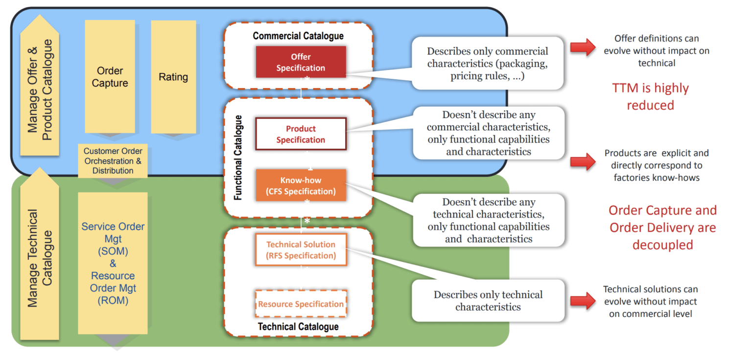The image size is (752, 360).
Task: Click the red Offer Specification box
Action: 301,62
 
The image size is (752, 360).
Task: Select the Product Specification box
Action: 301,134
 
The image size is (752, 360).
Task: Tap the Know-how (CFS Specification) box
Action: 301,186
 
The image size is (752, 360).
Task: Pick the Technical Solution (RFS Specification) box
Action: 301,250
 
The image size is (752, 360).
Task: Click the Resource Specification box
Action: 301,304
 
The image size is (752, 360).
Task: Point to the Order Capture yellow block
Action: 110,77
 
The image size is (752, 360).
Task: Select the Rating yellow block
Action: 173,77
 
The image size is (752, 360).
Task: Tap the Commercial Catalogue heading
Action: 298,36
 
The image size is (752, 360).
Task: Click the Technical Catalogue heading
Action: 298,327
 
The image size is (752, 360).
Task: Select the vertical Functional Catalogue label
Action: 238,157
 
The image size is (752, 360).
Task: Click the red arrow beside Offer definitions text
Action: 583,48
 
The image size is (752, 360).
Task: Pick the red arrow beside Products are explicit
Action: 583,162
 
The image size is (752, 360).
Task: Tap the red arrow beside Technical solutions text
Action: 583,301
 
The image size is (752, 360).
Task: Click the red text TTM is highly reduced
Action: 650,96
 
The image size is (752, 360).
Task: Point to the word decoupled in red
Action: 662,244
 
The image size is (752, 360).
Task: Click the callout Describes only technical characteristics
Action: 488,301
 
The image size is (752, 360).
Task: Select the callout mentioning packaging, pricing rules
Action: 487,64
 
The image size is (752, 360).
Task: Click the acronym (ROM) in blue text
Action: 113,300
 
